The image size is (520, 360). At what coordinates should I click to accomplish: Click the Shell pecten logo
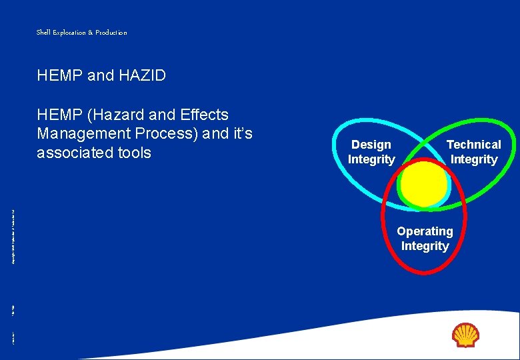(x=465, y=335)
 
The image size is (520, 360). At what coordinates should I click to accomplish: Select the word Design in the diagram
(x=371, y=145)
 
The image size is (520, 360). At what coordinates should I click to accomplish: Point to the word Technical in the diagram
(x=473, y=145)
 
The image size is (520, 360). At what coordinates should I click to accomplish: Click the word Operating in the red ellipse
(x=425, y=231)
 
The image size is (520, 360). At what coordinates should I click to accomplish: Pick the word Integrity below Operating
(x=425, y=246)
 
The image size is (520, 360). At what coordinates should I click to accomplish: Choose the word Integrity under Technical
(x=473, y=159)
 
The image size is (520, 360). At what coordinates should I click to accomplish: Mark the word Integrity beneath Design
(x=371, y=159)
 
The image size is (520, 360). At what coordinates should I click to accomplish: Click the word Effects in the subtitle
(x=204, y=115)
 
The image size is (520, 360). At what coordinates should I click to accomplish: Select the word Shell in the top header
(x=43, y=32)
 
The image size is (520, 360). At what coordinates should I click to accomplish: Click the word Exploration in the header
(x=71, y=32)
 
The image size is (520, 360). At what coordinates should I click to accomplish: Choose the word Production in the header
(x=111, y=32)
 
